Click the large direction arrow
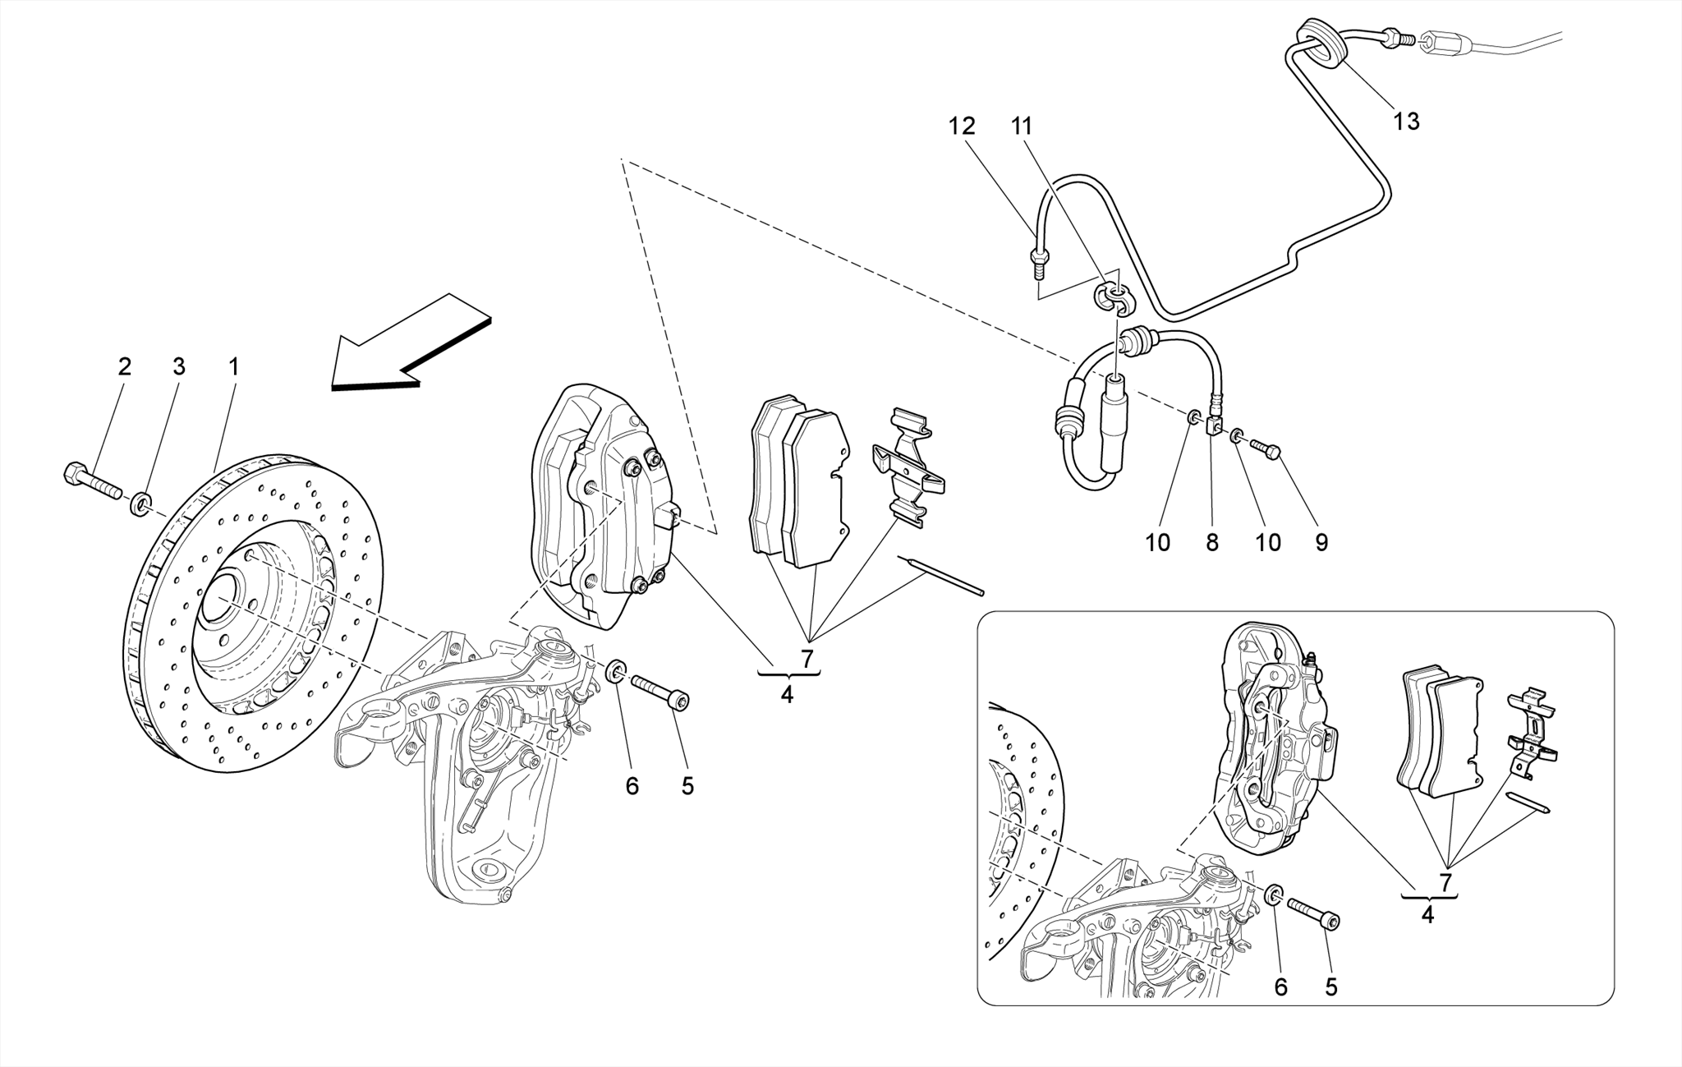click(411, 345)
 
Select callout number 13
click(1406, 122)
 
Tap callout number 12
click(962, 126)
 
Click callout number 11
click(1022, 126)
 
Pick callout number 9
click(1321, 542)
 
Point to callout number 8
click(1212, 542)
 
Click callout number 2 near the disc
click(124, 366)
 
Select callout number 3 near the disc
click(179, 366)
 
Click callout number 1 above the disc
click(233, 366)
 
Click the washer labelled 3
click(140, 501)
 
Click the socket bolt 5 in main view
click(660, 691)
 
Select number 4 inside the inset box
click(1427, 914)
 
